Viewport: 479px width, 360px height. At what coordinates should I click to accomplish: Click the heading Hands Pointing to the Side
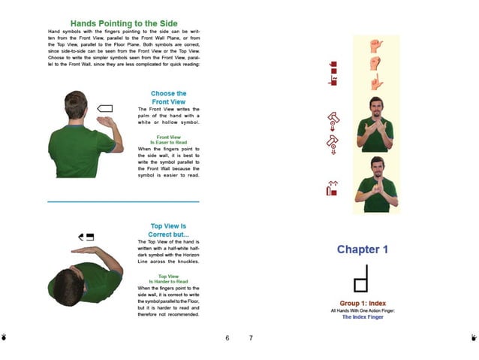point(122,23)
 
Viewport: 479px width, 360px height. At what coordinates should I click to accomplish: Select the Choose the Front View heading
point(168,97)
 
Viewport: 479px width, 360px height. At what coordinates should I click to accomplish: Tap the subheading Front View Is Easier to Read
point(168,140)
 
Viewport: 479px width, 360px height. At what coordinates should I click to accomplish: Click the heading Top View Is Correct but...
point(168,230)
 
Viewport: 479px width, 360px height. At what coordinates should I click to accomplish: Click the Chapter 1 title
point(362,249)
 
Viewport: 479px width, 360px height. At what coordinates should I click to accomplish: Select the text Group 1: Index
point(362,303)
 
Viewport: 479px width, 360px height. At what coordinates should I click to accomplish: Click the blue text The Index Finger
point(362,317)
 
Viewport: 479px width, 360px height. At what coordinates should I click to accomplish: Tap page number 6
point(227,338)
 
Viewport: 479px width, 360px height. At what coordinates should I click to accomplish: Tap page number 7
point(251,338)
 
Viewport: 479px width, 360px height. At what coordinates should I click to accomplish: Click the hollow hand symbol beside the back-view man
point(105,109)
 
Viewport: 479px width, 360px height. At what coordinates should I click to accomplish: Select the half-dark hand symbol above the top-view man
point(86,237)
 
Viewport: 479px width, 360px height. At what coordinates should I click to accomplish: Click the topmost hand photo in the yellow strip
point(376,47)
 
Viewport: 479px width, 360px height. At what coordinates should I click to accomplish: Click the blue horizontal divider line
point(123,201)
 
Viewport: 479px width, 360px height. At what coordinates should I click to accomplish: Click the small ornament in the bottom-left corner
point(5,338)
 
